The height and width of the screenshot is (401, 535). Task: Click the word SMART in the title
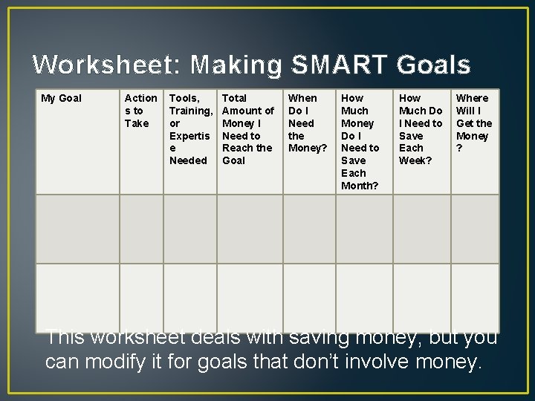click(x=338, y=65)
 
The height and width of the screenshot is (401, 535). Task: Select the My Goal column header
click(x=61, y=98)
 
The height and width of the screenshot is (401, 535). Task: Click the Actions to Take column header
click(x=140, y=110)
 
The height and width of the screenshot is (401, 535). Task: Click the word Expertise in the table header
click(x=189, y=142)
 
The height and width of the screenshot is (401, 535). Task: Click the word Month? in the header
click(x=360, y=186)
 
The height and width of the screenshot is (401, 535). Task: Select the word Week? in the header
click(x=415, y=160)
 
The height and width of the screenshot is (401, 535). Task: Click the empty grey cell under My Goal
click(x=77, y=229)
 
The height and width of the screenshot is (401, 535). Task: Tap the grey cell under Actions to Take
click(x=141, y=229)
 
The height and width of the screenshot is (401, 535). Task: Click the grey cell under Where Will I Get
click(x=474, y=229)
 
